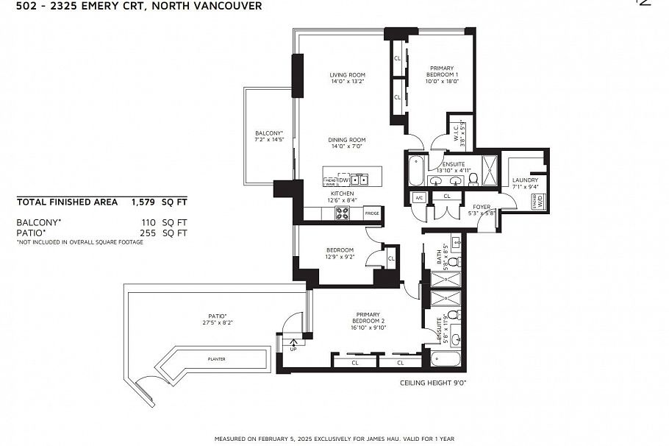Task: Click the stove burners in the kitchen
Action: click(x=343, y=213)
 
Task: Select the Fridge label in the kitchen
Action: click(x=372, y=213)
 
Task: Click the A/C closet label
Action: click(x=419, y=197)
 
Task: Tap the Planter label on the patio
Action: click(x=216, y=359)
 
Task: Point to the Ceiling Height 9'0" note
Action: click(x=433, y=383)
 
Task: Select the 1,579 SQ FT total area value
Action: click(x=159, y=201)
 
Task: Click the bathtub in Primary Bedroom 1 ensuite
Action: click(x=416, y=171)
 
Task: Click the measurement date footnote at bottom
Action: click(x=334, y=438)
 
